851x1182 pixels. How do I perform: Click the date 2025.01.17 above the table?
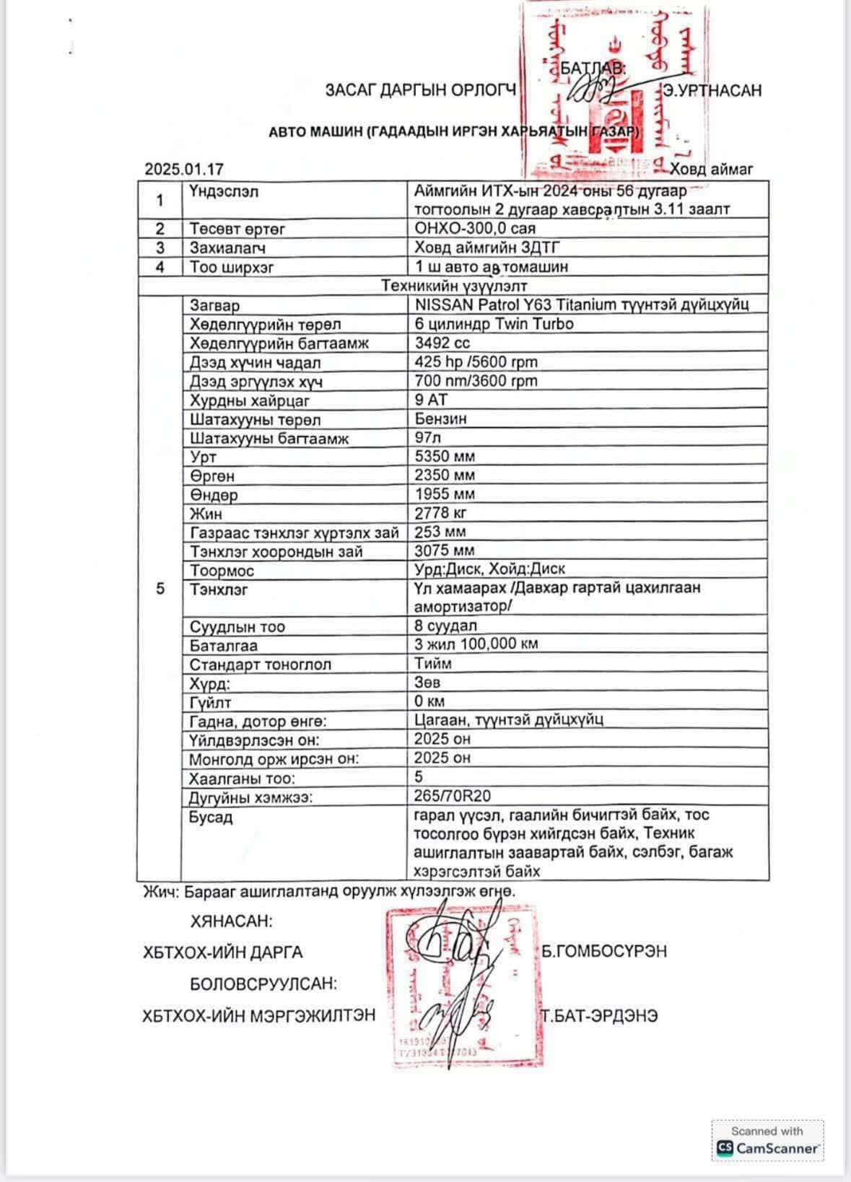pyautogui.click(x=184, y=170)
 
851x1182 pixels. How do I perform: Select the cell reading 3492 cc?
pyautogui.click(x=442, y=343)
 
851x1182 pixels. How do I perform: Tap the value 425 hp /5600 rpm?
pyautogui.click(x=476, y=362)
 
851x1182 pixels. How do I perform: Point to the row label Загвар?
pyautogui.click(x=214, y=305)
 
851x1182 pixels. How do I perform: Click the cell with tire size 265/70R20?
pyautogui.click(x=452, y=796)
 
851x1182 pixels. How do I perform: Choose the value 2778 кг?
pyautogui.click(x=440, y=513)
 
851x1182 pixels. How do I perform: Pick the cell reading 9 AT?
pyautogui.click(x=431, y=399)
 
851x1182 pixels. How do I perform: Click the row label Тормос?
pyautogui.click(x=222, y=570)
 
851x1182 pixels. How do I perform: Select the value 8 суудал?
pyautogui.click(x=445, y=625)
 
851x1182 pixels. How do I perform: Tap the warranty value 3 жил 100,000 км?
pyautogui.click(x=476, y=644)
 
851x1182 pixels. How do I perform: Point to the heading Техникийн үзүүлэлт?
pyautogui.click(x=454, y=286)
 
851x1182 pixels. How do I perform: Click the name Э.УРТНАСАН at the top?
pyautogui.click(x=713, y=91)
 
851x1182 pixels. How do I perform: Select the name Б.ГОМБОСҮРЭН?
pyautogui.click(x=604, y=951)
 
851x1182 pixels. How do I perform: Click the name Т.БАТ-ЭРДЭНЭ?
pyautogui.click(x=600, y=1015)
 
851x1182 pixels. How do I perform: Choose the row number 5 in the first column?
pyautogui.click(x=160, y=589)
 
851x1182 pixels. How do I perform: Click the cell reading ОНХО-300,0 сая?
pyautogui.click(x=475, y=229)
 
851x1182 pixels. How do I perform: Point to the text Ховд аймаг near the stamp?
pyautogui.click(x=711, y=170)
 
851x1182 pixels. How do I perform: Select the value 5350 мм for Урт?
pyautogui.click(x=445, y=456)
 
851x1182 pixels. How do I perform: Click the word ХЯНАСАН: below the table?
pyautogui.click(x=231, y=921)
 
